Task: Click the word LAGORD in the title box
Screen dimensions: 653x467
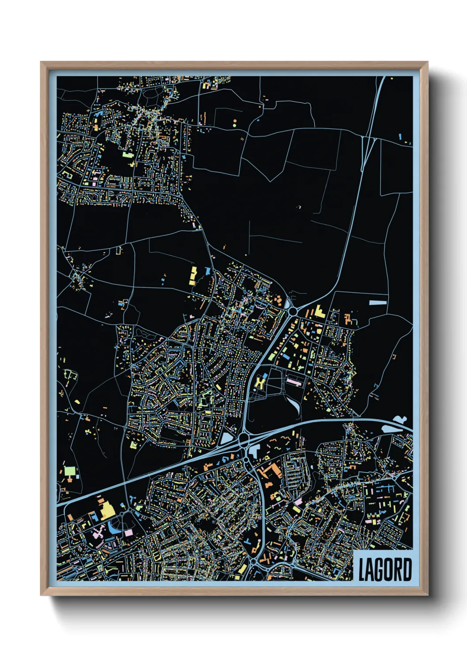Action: coord(384,570)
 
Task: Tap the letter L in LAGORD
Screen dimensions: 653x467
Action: coord(362,570)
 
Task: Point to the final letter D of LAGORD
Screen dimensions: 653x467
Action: coord(407,570)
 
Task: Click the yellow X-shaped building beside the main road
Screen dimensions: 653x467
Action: coord(260,382)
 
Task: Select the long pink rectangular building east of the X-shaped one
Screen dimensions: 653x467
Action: coord(294,381)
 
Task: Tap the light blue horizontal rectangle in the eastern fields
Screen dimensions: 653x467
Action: coord(378,303)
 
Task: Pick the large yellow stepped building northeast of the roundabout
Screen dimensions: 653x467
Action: coord(320,311)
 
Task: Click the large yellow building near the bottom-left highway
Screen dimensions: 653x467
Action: coord(107,511)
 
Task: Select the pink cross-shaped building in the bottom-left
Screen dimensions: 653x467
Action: coord(98,534)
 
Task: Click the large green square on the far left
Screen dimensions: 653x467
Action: coord(70,471)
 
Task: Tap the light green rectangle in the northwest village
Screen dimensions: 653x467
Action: coord(127,155)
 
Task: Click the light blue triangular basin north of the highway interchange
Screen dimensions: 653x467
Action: coord(226,438)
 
